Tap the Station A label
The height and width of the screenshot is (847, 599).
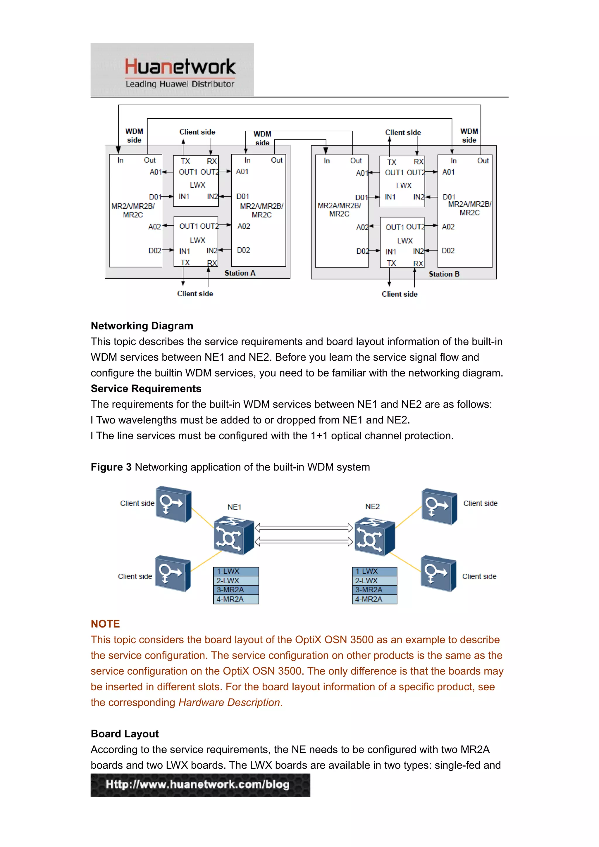pos(240,273)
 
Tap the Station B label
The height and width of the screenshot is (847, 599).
pos(444,274)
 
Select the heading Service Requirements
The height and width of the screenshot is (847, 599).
pos(146,388)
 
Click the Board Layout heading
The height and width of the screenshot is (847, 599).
pos(125,734)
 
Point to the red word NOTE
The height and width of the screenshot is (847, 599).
pos(106,624)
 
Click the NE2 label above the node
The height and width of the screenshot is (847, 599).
pos(372,507)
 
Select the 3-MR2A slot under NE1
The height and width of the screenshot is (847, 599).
pos(236,590)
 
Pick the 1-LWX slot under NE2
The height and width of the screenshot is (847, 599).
pos(374,571)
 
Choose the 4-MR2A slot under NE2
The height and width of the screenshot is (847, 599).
pos(374,599)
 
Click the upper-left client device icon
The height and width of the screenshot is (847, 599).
pos(173,504)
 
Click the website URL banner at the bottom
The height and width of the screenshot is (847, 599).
pos(200,785)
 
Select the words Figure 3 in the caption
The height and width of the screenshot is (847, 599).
pos(111,467)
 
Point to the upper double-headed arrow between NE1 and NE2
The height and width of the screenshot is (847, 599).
pos(304,528)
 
